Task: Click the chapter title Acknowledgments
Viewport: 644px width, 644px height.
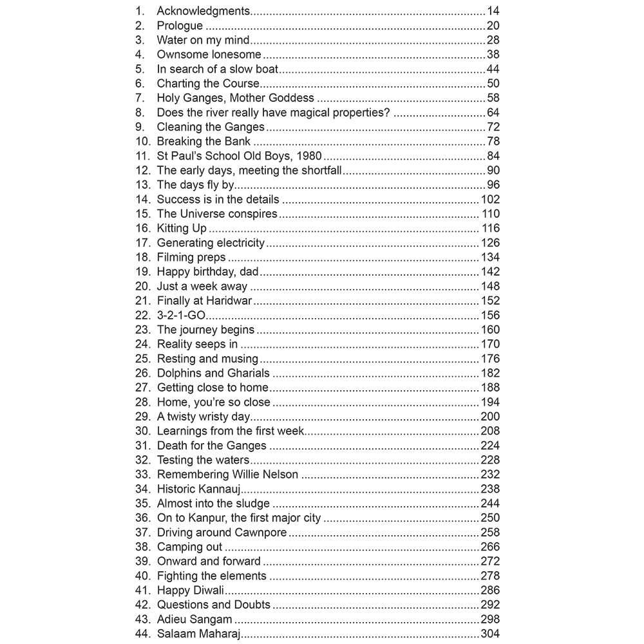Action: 204,11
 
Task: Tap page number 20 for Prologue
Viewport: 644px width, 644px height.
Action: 493,26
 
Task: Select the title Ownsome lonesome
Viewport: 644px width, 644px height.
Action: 209,55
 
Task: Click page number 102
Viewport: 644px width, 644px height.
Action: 490,200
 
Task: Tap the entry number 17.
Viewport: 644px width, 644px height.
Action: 142,243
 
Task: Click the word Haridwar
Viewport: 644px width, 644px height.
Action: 229,301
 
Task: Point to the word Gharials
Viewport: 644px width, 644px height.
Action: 248,373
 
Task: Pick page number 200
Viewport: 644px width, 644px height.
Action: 490,417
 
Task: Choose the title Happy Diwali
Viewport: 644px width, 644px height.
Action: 190,591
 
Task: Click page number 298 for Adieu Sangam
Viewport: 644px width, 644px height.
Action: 490,620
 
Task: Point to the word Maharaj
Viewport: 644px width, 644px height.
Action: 219,634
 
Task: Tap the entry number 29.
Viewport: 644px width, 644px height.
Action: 142,417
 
